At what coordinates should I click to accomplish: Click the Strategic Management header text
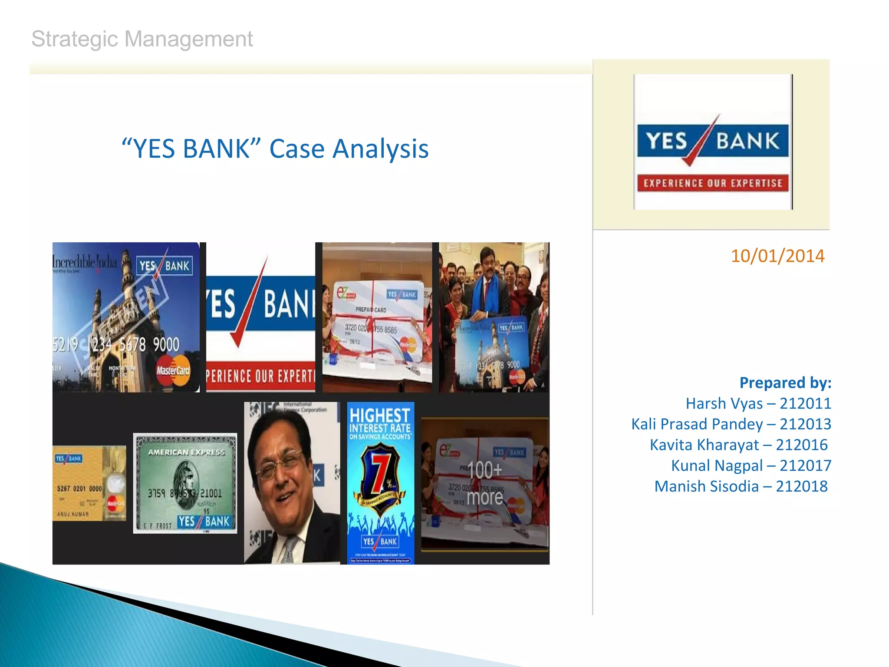(x=142, y=39)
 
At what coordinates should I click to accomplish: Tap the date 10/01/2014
(x=777, y=256)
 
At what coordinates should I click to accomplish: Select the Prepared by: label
(x=785, y=383)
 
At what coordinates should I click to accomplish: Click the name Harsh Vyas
(x=724, y=403)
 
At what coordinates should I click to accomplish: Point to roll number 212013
(x=805, y=424)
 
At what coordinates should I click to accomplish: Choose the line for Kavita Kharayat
(x=738, y=445)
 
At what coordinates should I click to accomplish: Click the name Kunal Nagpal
(x=716, y=466)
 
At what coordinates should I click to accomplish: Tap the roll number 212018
(x=801, y=486)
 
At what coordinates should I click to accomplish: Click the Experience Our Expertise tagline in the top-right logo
(x=713, y=183)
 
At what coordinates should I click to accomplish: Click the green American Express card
(x=185, y=483)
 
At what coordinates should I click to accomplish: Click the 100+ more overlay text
(x=485, y=483)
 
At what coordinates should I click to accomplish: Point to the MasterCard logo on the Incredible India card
(x=173, y=370)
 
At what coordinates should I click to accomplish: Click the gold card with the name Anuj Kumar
(x=89, y=483)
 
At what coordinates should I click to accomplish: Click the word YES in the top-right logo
(x=667, y=141)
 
